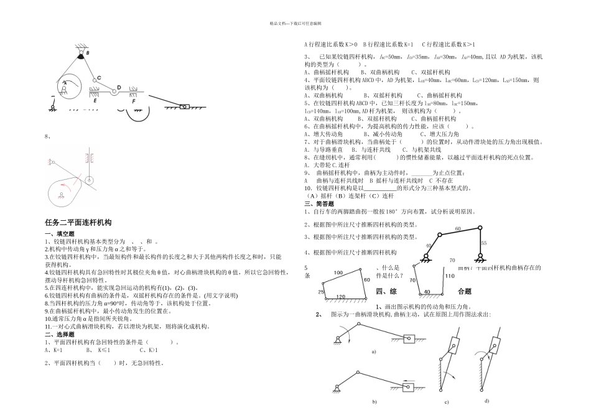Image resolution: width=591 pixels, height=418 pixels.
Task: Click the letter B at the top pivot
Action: pos(88,53)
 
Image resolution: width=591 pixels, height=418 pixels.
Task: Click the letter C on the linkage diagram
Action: pos(99,78)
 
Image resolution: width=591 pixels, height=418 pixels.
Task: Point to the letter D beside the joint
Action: pos(119,88)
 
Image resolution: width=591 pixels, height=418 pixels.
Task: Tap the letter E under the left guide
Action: pos(95,100)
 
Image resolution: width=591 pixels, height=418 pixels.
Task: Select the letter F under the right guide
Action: pos(132,100)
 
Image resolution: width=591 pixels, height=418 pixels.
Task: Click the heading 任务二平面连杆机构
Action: pos(78,222)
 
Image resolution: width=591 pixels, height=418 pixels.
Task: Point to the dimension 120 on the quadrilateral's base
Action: pos(340,296)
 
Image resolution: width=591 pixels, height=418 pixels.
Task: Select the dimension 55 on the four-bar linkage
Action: pos(484,243)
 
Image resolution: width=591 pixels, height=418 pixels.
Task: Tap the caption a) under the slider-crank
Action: pos(373,351)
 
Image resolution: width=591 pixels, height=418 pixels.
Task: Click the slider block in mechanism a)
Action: pos(409,339)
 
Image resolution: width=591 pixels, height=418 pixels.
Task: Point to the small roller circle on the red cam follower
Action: pos(90,181)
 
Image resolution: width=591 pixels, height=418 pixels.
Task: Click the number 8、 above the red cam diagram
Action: pos(47,136)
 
